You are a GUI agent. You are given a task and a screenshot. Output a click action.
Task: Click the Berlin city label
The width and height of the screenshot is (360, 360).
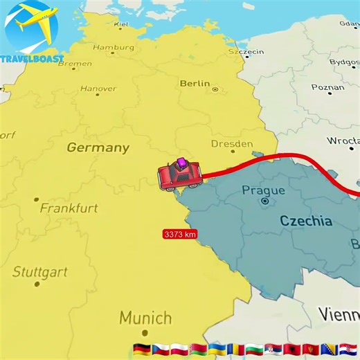tap(195, 84)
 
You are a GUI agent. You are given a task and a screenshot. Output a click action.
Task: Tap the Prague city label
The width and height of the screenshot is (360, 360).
tap(263, 190)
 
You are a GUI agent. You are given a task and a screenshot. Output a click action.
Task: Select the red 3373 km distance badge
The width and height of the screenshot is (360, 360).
tap(180, 234)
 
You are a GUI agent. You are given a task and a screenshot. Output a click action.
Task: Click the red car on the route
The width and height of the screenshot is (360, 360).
tap(180, 174)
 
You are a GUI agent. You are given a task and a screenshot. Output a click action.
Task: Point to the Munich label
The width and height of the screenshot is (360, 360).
tap(145, 318)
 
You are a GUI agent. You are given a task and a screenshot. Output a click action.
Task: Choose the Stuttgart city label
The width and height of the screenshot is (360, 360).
tap(40, 271)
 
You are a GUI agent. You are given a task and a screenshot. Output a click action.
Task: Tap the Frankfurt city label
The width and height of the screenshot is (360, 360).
tap(69, 208)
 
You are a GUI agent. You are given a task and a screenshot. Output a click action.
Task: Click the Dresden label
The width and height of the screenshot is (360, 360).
tap(232, 144)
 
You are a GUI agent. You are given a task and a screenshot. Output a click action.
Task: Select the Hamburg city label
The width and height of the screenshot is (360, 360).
tap(114, 48)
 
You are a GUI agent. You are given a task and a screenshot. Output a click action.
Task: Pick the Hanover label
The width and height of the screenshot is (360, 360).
tap(98, 89)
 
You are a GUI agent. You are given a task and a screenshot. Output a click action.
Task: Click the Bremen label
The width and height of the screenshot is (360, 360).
tap(75, 64)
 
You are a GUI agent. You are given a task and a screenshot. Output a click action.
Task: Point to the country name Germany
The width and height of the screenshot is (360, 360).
tap(98, 147)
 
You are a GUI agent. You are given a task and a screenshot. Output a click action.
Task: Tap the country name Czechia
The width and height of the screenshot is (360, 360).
tap(305, 222)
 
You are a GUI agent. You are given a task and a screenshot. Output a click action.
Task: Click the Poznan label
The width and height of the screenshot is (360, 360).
tap(327, 88)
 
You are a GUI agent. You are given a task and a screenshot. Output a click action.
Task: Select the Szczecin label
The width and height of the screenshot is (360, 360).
tap(246, 51)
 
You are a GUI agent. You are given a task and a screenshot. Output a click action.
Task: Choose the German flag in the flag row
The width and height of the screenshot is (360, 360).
tap(142, 348)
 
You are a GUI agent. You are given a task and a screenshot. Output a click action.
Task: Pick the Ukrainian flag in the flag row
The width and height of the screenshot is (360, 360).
tap(216, 348)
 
